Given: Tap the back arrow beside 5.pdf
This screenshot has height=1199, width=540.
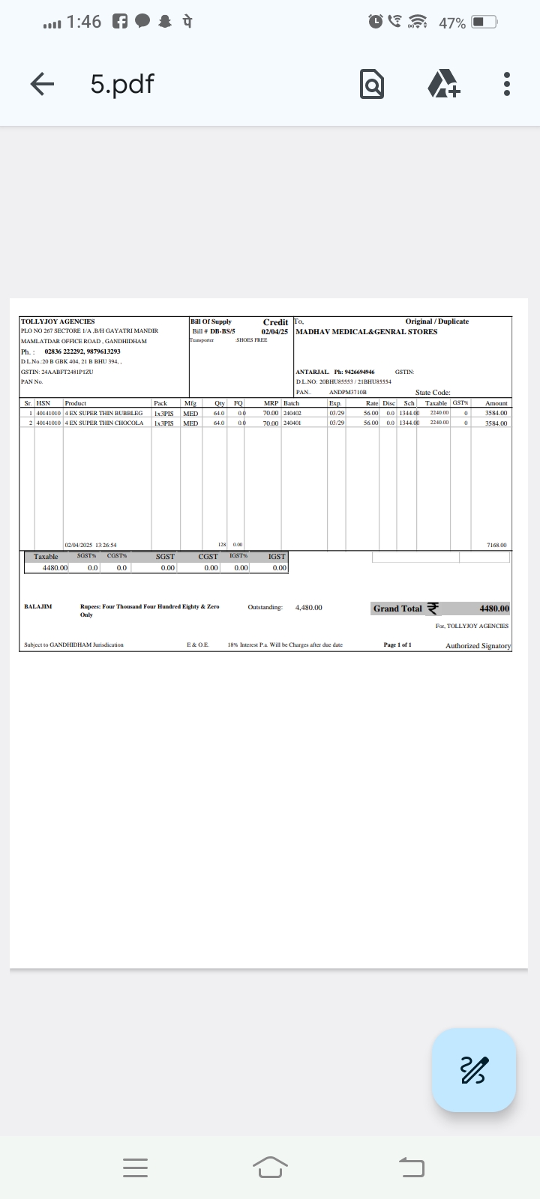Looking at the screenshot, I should pos(42,84).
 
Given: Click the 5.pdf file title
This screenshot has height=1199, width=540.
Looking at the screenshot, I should pos(122,84).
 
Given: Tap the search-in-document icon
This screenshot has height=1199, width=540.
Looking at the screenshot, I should pos(372,84).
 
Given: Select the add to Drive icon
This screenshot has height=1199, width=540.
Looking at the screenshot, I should pos(443,84).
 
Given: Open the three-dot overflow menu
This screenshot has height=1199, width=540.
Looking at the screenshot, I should pos(507,84).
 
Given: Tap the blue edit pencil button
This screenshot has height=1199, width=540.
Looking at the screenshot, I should pos(473,1070).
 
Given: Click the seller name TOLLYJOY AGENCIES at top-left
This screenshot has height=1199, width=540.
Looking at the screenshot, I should pos(58,321).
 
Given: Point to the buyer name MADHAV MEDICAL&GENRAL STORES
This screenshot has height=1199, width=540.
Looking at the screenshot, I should pos(367,331).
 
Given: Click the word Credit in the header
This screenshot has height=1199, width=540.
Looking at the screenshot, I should pos(275,322).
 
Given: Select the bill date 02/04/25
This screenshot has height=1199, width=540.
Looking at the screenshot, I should pos(274,331).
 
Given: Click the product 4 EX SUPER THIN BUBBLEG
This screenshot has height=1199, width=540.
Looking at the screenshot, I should pos(103,413).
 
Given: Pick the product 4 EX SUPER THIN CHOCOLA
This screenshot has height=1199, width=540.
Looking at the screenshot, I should pos(104,423).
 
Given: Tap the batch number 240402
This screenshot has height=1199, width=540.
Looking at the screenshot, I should pos(292,413).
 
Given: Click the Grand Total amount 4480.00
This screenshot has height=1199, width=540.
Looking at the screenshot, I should pos(494,608).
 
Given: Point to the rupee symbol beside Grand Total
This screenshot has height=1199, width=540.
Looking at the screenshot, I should pos(433,608).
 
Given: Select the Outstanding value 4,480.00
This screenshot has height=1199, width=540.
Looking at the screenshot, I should pos(309,607).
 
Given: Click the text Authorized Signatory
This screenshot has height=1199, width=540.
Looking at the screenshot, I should pos(478,645).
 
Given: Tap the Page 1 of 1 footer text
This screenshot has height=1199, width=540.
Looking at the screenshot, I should pos(397,644).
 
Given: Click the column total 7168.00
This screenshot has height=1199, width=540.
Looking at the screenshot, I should pos(497,545).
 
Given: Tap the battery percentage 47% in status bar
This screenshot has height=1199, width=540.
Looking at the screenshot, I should pos(452,23).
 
